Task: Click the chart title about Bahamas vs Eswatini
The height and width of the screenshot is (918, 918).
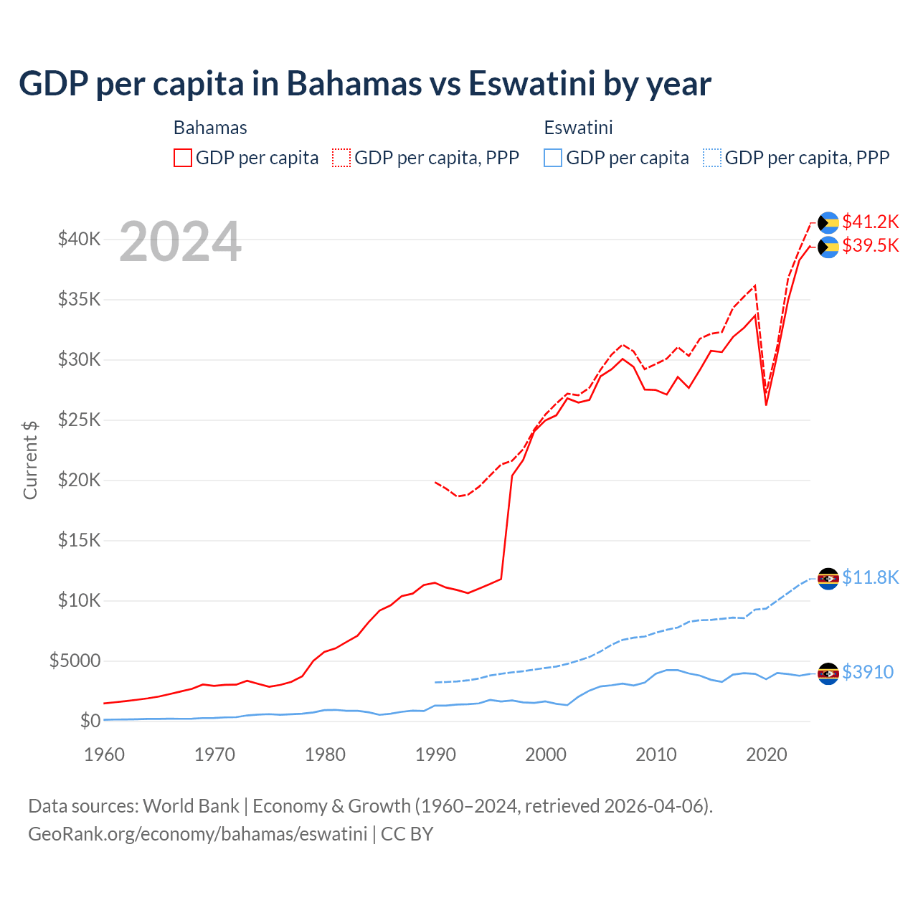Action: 364,84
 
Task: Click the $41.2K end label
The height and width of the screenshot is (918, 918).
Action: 870,222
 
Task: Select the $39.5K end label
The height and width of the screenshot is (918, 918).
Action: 870,246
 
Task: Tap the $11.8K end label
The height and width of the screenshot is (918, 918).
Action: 870,578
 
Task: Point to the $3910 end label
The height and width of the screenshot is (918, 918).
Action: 867,673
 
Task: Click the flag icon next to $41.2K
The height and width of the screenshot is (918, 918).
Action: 828,222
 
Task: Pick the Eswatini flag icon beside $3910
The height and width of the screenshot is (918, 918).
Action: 828,673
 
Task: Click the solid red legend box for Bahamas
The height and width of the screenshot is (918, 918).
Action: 183,158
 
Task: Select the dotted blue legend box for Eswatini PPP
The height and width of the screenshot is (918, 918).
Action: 712,158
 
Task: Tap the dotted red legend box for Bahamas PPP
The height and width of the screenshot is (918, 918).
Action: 341,158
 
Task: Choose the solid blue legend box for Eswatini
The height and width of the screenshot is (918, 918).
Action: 553,158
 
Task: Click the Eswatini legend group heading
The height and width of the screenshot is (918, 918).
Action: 578,128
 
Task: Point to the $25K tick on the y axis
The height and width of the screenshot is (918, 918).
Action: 79,420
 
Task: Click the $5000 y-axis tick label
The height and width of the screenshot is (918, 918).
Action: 75,661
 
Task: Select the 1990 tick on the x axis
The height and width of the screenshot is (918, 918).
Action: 435,754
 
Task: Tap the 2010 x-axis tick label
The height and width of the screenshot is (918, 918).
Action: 656,754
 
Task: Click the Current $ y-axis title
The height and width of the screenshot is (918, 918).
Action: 30,460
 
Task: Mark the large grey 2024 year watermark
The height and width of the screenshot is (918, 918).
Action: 180,242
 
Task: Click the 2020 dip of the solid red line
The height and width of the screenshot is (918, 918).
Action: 766,404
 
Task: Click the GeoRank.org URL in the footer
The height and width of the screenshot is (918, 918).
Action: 197,834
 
